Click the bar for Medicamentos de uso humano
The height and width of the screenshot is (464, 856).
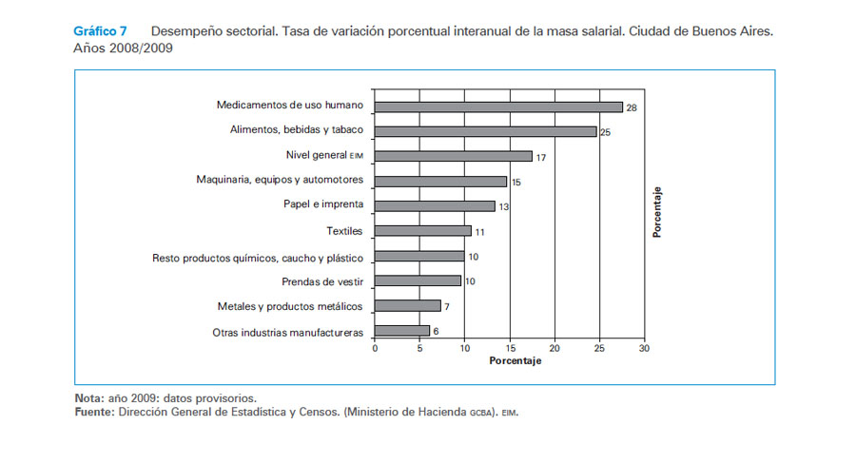498,107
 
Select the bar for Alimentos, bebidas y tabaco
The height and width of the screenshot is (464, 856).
485,131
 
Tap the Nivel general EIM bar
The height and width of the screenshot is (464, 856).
454,156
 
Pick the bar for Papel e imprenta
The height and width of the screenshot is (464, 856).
435,205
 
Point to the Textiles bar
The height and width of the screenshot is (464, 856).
423,230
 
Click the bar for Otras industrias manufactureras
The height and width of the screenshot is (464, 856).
402,331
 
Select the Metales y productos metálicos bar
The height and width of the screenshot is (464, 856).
408,306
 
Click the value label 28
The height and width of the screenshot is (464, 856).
632,108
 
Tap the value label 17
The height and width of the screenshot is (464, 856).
541,157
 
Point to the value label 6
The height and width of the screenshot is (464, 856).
436,332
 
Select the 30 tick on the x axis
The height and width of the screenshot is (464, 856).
644,349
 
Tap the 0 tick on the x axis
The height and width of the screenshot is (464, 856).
375,349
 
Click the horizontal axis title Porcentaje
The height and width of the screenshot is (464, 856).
515,362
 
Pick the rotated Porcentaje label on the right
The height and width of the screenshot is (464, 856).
658,211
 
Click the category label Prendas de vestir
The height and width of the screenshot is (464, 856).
323,281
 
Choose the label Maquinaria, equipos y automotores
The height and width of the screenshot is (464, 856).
280,180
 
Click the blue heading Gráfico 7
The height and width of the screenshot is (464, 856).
100,31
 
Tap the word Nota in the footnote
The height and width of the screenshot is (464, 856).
88,397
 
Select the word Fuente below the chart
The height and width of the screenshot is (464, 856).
92,412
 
